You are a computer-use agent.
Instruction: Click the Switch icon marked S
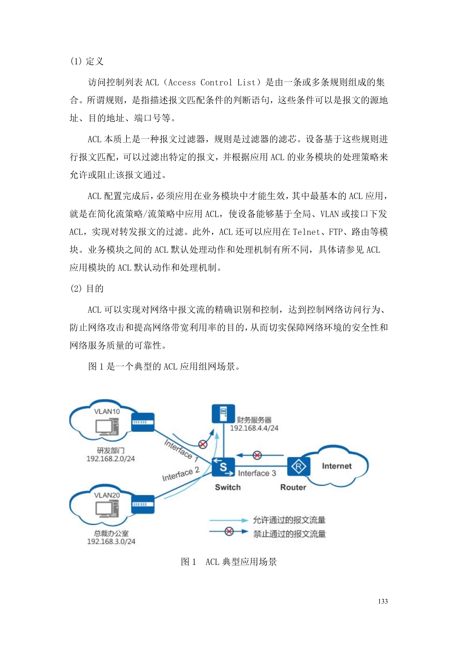point(223,467)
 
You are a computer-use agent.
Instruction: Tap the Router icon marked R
point(298,467)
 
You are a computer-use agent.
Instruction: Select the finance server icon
point(223,413)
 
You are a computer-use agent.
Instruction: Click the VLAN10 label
point(107,412)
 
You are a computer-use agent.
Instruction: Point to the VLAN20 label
point(107,495)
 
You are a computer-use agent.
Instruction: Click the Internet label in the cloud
point(336,466)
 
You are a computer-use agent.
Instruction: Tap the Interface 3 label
point(257,473)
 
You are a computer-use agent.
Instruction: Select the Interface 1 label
point(182,450)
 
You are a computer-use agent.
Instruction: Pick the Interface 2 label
point(181,474)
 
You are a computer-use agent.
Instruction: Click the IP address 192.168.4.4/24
point(254,428)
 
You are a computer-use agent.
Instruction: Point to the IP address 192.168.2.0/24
point(111,459)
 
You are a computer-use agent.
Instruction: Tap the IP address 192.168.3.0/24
point(111,541)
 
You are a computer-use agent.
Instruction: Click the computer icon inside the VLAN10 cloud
point(107,427)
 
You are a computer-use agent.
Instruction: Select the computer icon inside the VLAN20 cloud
point(107,510)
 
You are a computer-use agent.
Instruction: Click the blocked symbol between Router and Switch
point(257,455)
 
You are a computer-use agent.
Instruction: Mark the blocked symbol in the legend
point(229,531)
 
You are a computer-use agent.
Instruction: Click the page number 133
point(383,601)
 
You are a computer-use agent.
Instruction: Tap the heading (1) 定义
point(87,61)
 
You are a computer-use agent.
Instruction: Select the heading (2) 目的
point(87,289)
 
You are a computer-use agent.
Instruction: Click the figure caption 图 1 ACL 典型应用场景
point(228,562)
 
